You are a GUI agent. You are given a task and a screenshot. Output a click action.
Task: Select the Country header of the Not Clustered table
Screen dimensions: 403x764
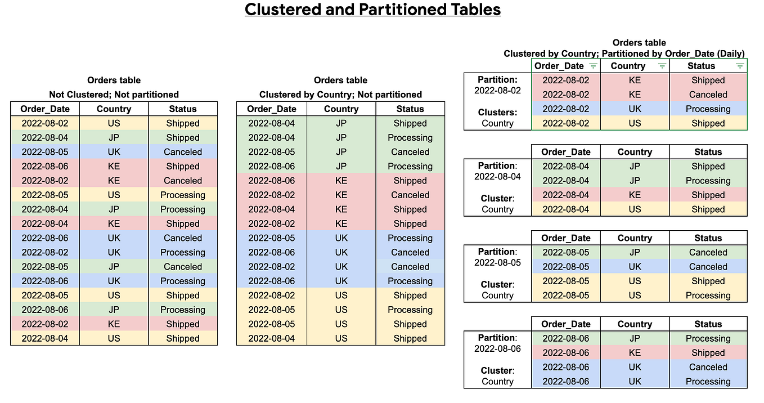[x=114, y=109]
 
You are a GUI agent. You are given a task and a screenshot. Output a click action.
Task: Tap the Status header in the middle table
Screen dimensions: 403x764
[x=410, y=109]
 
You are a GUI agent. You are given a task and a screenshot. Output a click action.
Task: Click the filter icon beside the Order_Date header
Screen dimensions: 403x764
[x=592, y=66]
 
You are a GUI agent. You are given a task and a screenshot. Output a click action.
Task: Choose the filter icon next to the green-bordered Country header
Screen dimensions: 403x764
[x=662, y=66]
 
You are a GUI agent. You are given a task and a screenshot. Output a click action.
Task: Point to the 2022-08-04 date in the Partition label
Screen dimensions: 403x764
[x=497, y=176]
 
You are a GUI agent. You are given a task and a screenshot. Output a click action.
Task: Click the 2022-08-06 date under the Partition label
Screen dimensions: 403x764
[x=497, y=348]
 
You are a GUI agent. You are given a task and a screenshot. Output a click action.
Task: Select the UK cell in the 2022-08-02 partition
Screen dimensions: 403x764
[x=635, y=109]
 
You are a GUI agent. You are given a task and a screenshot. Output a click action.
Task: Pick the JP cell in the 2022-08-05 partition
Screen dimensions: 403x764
[x=635, y=253]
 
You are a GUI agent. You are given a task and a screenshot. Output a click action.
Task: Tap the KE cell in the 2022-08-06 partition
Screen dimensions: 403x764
[x=635, y=353]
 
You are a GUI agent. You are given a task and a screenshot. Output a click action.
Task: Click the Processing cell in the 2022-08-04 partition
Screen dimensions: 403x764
[x=708, y=181]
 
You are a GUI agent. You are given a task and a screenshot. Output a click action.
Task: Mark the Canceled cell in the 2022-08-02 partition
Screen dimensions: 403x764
[x=708, y=95]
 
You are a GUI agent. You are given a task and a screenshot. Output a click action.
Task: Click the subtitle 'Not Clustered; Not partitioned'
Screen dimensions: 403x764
[x=114, y=95]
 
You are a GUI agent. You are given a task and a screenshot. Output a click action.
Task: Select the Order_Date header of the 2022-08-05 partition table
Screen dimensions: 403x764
[x=566, y=238]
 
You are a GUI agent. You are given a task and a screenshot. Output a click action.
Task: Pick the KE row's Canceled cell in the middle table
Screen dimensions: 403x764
[x=410, y=195]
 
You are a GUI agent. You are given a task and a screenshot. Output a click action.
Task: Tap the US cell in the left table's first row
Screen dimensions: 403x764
[x=114, y=123]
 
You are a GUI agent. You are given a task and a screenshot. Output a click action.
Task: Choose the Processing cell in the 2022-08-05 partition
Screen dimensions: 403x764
[x=708, y=295]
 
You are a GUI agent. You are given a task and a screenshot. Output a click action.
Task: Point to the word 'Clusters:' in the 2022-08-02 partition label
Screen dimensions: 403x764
[x=497, y=113]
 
